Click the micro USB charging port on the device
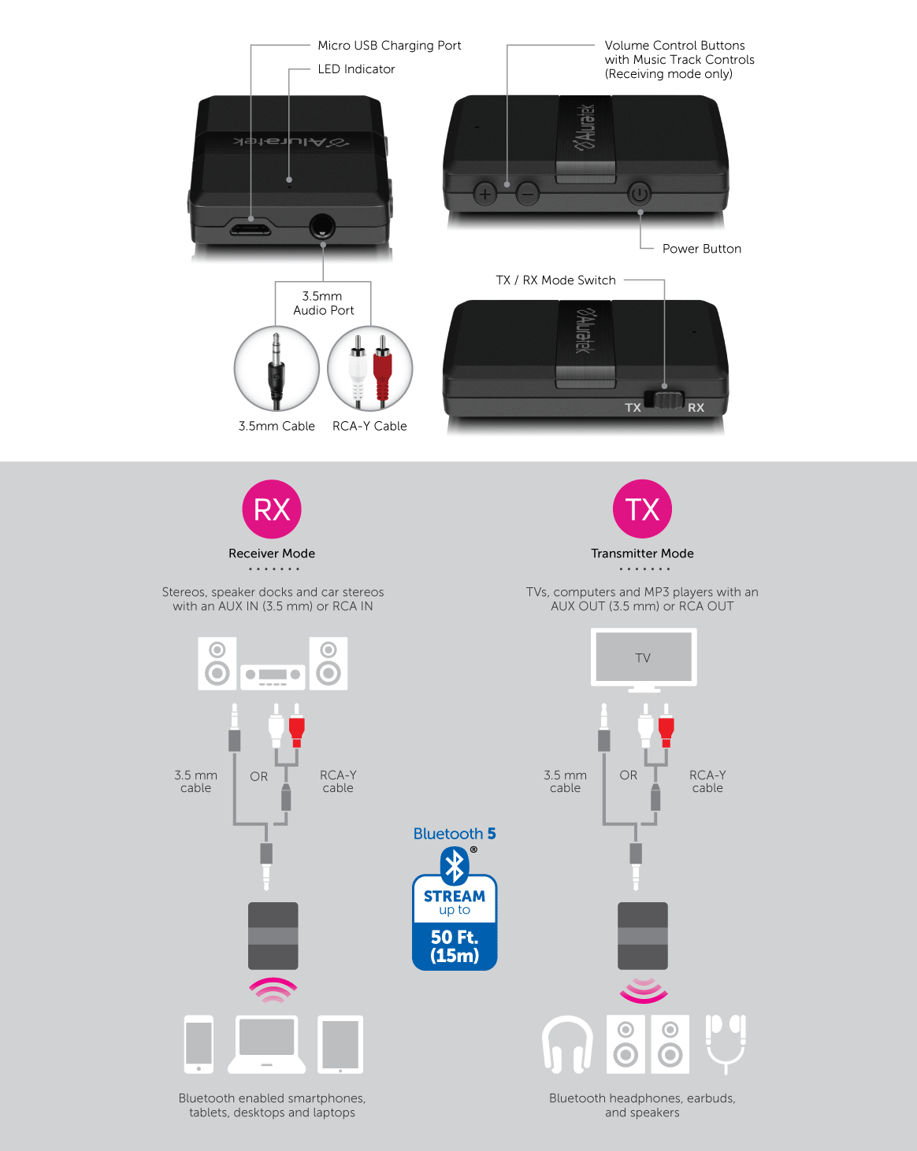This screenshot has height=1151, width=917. click(251, 228)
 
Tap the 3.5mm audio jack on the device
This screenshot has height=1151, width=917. click(322, 227)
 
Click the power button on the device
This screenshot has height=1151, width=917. click(639, 194)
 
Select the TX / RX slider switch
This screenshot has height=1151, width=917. click(664, 399)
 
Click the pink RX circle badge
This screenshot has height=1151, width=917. click(272, 509)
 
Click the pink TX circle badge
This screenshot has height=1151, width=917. click(642, 509)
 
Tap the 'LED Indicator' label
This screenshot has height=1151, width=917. click(356, 69)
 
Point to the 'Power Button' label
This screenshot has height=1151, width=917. click(702, 249)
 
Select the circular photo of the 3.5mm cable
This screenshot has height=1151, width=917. click(277, 368)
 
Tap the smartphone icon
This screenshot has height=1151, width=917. click(199, 1044)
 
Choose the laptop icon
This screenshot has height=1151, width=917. click(266, 1044)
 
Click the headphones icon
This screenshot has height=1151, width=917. click(567, 1045)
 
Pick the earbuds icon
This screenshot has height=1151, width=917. click(726, 1044)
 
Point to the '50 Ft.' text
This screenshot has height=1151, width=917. click(455, 937)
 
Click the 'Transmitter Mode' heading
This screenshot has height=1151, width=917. click(642, 553)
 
